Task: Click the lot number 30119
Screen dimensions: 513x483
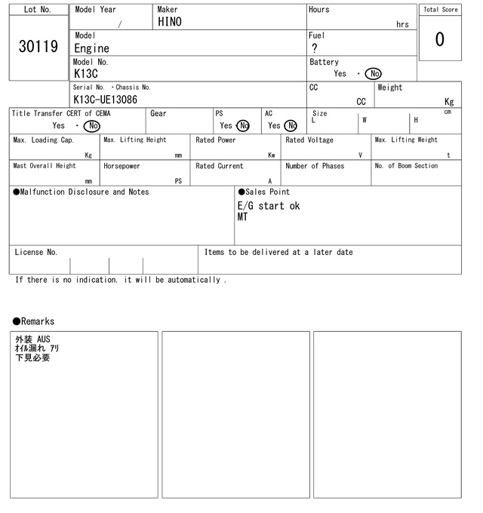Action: point(38,47)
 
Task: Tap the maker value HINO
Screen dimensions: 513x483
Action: point(170,23)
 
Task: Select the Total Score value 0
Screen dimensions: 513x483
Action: point(439,39)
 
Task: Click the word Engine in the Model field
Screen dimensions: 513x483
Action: point(91,48)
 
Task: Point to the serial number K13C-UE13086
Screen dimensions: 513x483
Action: point(106,100)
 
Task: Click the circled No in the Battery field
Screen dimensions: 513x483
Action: point(373,74)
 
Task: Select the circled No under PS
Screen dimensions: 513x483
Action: point(242,126)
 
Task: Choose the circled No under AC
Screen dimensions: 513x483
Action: point(291,126)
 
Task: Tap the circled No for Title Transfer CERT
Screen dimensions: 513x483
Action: point(91,126)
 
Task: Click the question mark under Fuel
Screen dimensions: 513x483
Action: point(315,48)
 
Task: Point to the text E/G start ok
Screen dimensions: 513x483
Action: point(269,206)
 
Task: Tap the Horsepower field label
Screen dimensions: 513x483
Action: point(122,166)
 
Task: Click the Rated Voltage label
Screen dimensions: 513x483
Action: point(309,140)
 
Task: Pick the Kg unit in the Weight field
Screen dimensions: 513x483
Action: point(449,102)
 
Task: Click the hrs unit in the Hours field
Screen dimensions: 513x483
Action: point(402,24)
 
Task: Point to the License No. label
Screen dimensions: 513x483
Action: point(35,253)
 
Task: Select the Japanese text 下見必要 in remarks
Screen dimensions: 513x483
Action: point(32,358)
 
